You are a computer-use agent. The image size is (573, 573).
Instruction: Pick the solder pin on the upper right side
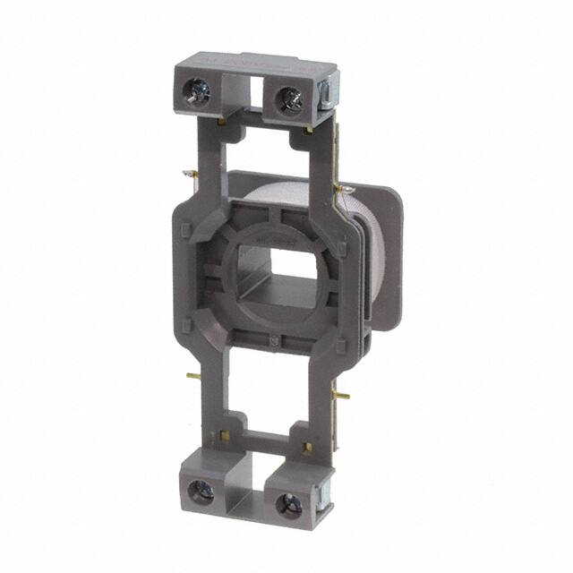coord(341,188)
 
